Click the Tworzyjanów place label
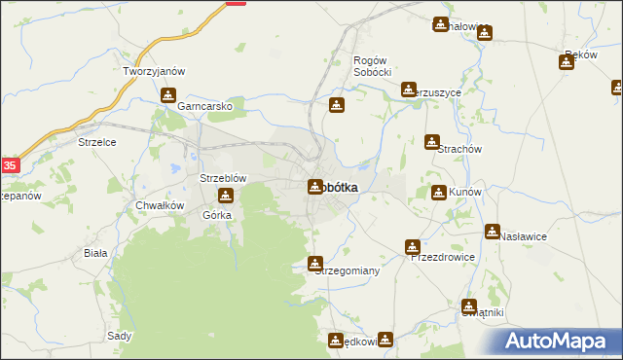coord(154,72)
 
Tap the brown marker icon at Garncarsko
coord(168,95)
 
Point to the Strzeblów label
coord(223,178)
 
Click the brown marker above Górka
coord(225,197)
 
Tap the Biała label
coord(95,251)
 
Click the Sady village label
coord(120,336)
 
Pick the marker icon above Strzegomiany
coord(315,264)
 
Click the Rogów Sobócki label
coord(371,66)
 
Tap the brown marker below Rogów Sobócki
coord(337,105)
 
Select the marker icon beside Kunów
coord(439,192)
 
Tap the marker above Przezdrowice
coord(414,247)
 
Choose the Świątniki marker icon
coord(470,306)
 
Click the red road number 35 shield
coord(9,165)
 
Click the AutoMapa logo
coord(559,342)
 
